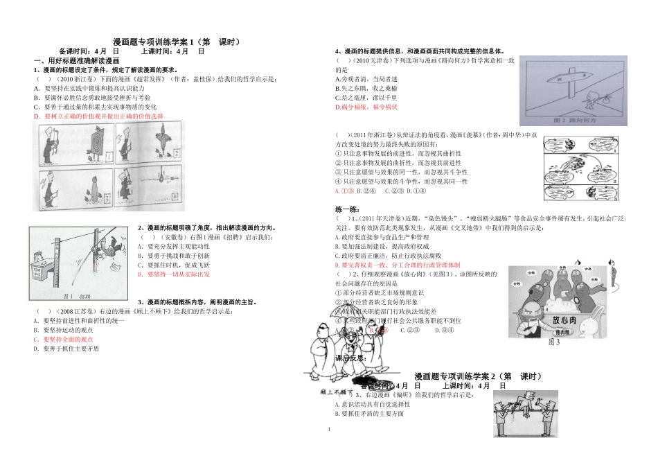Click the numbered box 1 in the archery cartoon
coord(109,159)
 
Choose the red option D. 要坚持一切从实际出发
coord(174,274)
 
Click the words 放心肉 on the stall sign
coord(562,322)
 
